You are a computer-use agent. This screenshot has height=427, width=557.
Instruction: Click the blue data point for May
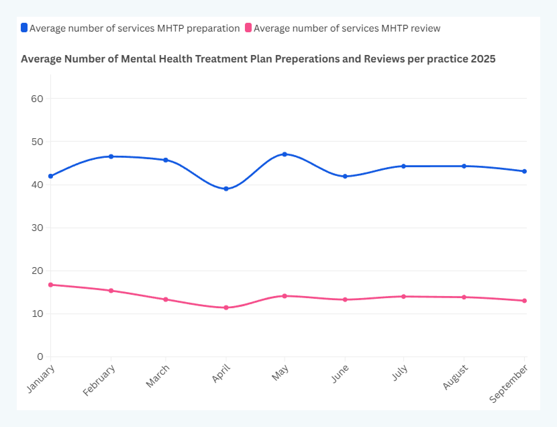(x=285, y=154)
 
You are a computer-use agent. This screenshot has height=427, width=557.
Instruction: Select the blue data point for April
(x=226, y=189)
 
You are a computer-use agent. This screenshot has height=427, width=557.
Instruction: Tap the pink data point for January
(x=51, y=285)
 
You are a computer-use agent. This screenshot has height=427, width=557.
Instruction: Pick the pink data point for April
(x=226, y=307)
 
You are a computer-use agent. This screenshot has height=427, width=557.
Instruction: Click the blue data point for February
(x=111, y=156)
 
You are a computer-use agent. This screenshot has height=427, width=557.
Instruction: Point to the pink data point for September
(x=524, y=301)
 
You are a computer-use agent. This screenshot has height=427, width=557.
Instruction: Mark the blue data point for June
(x=345, y=177)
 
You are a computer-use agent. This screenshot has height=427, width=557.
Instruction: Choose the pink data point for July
(x=404, y=296)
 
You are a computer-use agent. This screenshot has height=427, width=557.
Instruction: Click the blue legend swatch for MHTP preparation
(x=24, y=28)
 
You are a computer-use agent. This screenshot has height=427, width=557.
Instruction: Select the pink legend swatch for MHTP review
(x=248, y=28)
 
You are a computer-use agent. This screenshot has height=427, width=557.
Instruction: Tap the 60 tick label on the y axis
(x=36, y=99)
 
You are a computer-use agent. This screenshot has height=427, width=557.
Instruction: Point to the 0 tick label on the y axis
(x=40, y=357)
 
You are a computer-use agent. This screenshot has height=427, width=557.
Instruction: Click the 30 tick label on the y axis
(x=36, y=228)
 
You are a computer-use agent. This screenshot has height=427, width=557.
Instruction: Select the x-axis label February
(x=99, y=380)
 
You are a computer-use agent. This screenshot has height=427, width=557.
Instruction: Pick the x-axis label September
(x=508, y=384)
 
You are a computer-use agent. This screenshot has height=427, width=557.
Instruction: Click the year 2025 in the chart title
(x=483, y=59)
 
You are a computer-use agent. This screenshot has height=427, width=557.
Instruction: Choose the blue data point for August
(x=464, y=166)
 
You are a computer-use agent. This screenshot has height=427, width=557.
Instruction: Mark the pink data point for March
(x=165, y=299)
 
